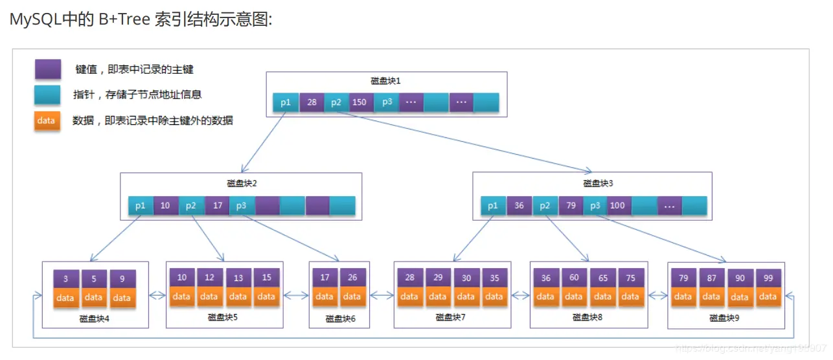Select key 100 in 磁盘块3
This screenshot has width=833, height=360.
[x=617, y=206]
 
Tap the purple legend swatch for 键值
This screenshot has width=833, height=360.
[x=48, y=69]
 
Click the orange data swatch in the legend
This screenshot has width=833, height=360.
[x=47, y=120]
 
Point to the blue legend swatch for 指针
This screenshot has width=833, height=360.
[x=47, y=95]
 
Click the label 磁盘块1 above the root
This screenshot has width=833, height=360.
[x=386, y=81]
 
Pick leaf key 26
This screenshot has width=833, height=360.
[x=352, y=278]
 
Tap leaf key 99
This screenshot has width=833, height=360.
[x=768, y=278]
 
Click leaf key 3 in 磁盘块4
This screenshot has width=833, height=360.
[x=65, y=279]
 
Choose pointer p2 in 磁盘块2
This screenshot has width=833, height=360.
[x=191, y=206]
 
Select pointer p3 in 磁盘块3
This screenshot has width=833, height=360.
[x=595, y=206]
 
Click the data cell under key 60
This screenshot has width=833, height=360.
[x=574, y=297]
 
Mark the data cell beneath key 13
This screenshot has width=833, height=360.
[x=238, y=297]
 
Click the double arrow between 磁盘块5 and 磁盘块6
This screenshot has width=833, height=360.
[x=296, y=296]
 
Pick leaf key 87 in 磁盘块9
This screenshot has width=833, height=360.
[x=712, y=278]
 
